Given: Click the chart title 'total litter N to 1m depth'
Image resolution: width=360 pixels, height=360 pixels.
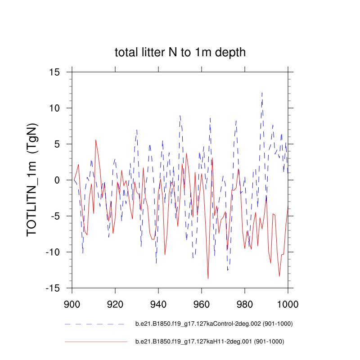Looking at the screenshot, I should pyautogui.click(x=180, y=53).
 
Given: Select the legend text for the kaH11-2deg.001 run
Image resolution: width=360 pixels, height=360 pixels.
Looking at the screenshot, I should pyautogui.click(x=210, y=342).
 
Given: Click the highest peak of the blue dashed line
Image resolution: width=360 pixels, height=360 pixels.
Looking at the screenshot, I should pyautogui.click(x=262, y=92).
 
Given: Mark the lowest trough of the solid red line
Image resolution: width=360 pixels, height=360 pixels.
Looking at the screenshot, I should pyautogui.click(x=208, y=279).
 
